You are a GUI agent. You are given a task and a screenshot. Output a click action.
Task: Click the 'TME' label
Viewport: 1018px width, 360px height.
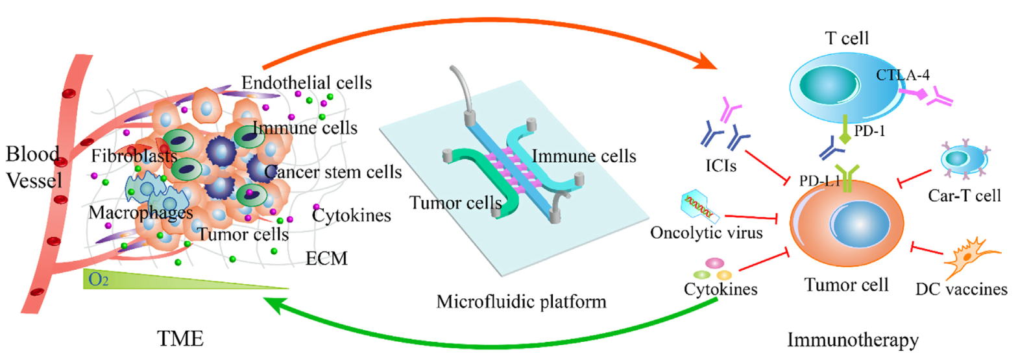pyautogui.click(x=180, y=339)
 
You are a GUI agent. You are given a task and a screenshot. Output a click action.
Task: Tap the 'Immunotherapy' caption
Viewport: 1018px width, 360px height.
pyautogui.click(x=853, y=340)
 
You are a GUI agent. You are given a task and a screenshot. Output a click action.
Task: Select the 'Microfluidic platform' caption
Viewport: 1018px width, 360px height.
pyautogui.click(x=521, y=302)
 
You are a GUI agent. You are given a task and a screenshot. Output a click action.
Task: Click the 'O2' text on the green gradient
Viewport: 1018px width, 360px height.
pyautogui.click(x=99, y=280)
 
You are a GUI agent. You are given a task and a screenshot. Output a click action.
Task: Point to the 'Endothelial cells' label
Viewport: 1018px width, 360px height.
pyautogui.click(x=306, y=83)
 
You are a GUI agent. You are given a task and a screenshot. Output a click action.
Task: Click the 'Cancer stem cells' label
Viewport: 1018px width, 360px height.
pyautogui.click(x=333, y=173)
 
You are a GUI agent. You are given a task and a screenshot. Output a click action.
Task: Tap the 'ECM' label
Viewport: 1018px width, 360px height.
pyautogui.click(x=326, y=259)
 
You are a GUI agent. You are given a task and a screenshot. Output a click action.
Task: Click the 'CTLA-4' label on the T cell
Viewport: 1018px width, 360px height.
pyautogui.click(x=903, y=75)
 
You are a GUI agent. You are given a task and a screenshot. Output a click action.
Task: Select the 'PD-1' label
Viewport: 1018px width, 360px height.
pyautogui.click(x=869, y=131)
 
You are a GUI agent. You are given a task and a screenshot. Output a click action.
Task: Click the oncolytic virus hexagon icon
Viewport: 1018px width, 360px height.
pyautogui.click(x=700, y=206)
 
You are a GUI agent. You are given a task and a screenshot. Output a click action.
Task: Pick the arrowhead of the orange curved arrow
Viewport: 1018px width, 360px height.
pyautogui.click(x=709, y=63)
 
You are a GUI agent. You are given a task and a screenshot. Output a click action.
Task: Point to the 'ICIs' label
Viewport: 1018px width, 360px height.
pyautogui.click(x=721, y=167)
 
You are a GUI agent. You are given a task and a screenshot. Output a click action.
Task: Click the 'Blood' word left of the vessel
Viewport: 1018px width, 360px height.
pyautogui.click(x=32, y=154)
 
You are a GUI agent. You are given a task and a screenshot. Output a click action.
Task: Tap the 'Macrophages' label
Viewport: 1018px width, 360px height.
pyautogui.click(x=141, y=213)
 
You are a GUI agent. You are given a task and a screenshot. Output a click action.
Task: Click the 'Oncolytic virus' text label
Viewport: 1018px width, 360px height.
pyautogui.click(x=707, y=233)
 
